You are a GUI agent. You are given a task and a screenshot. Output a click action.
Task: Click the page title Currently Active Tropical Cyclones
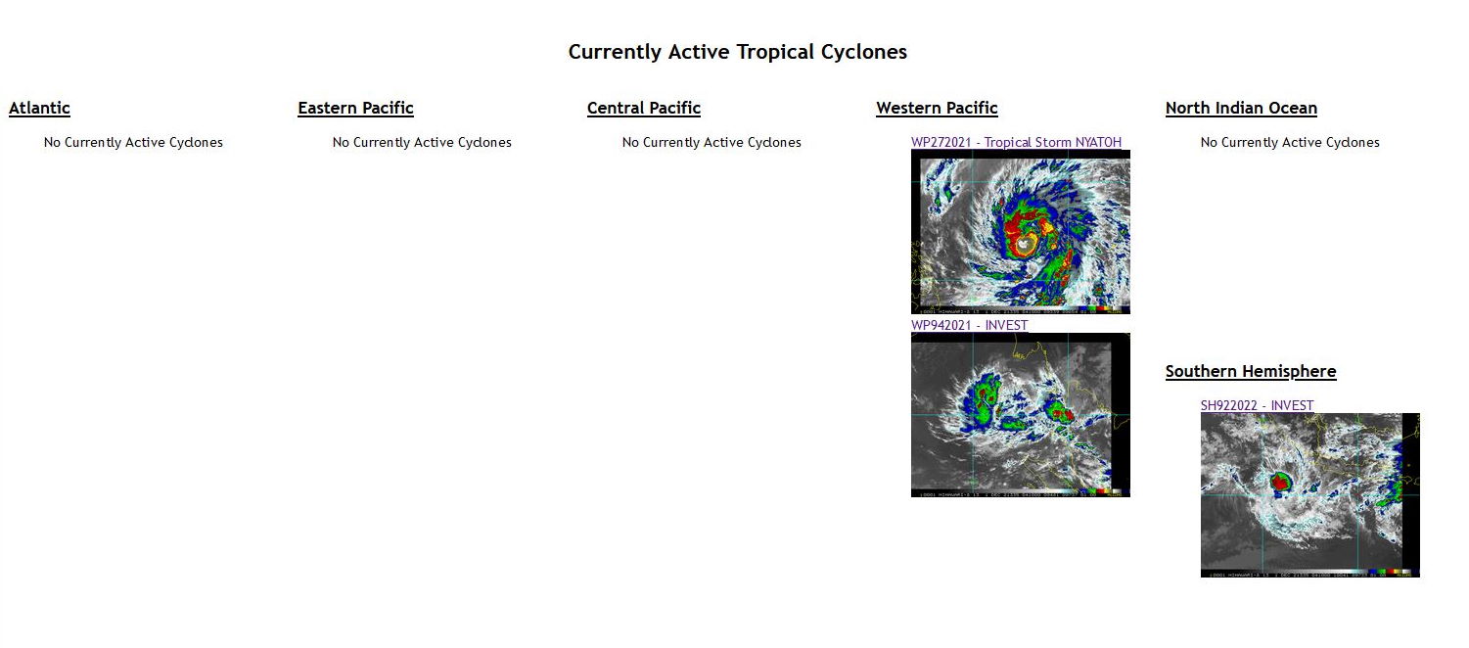pyautogui.click(x=737, y=52)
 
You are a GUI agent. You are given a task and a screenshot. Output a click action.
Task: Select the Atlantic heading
pyautogui.click(x=39, y=109)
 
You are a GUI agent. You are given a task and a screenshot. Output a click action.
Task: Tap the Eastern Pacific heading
pyautogui.click(x=355, y=109)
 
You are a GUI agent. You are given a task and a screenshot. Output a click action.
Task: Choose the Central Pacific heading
pyautogui.click(x=643, y=109)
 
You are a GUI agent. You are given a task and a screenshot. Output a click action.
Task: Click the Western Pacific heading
pyautogui.click(x=937, y=109)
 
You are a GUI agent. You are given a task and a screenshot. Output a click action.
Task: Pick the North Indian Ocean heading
pyautogui.click(x=1241, y=109)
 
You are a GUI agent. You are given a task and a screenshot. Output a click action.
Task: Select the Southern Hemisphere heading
pyautogui.click(x=1250, y=372)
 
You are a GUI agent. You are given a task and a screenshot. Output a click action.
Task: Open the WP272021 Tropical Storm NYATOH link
pyautogui.click(x=1016, y=143)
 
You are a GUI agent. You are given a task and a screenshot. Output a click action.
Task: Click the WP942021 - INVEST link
pyautogui.click(x=969, y=325)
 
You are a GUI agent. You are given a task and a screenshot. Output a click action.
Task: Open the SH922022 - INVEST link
pyautogui.click(x=1257, y=405)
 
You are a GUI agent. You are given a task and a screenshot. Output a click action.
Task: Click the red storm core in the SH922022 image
pyautogui.click(x=1280, y=483)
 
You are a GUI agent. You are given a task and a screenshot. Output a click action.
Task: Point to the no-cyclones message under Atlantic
pyautogui.click(x=133, y=143)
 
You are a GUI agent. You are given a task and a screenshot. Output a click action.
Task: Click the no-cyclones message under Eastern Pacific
pyautogui.click(x=422, y=143)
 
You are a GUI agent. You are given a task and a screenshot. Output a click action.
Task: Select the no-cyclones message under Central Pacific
pyautogui.click(x=712, y=143)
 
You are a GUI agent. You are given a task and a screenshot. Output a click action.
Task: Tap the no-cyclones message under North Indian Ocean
pyautogui.click(x=1290, y=143)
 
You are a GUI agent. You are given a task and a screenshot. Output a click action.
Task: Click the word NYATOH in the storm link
pyautogui.click(x=1098, y=143)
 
